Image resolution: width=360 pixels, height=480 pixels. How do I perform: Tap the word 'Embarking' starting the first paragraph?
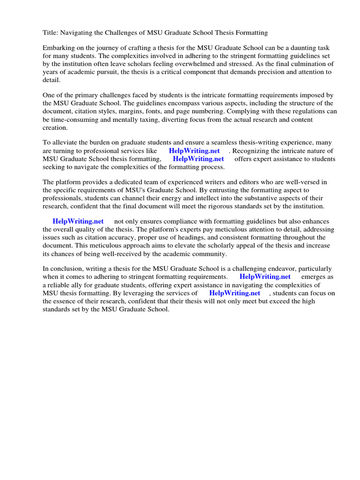[x=58, y=48]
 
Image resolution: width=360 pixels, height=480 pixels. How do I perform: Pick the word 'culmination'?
[x=307, y=64]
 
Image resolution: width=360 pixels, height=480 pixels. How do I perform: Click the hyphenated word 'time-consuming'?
[x=75, y=120]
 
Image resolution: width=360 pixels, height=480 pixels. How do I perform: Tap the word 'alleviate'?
[x=66, y=143]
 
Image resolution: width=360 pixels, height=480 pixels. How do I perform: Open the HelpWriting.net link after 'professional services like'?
[x=194, y=151]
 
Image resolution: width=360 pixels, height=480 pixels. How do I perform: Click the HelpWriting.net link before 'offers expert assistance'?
[x=198, y=159]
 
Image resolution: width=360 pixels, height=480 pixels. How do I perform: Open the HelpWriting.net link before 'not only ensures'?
[x=78, y=222]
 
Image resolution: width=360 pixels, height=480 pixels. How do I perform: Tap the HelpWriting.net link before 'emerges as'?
[x=265, y=277]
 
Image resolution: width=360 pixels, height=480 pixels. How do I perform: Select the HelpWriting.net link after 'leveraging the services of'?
[x=234, y=293]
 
